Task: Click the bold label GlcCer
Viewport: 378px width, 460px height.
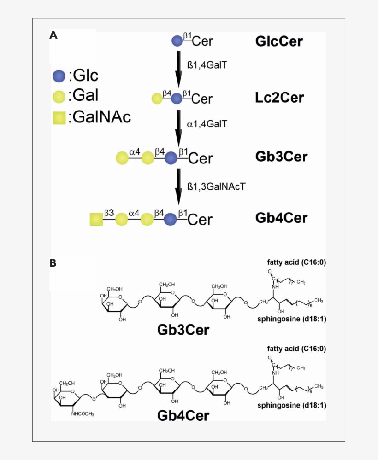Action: [x=278, y=41]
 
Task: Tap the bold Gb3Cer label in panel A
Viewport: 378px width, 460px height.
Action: [x=281, y=157]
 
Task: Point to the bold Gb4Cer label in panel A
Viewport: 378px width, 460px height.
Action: [x=281, y=217]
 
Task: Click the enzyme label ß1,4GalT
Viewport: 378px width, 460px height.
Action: [x=207, y=66]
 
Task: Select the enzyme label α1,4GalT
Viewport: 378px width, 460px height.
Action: [x=207, y=124]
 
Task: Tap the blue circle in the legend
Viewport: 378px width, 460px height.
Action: [x=59, y=75]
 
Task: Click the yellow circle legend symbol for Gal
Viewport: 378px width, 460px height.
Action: [x=59, y=96]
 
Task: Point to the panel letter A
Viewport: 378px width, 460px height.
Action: [x=53, y=35]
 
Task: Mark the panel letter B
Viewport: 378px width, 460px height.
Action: [x=53, y=263]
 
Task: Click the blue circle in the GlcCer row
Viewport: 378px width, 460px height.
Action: [x=177, y=41]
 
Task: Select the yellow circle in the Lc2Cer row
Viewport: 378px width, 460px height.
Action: [x=157, y=98]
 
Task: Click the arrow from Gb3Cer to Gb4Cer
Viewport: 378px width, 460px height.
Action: [x=179, y=186]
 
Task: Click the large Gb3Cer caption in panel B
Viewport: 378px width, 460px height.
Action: [x=183, y=330]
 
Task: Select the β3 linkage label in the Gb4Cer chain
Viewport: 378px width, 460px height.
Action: [x=109, y=213]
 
